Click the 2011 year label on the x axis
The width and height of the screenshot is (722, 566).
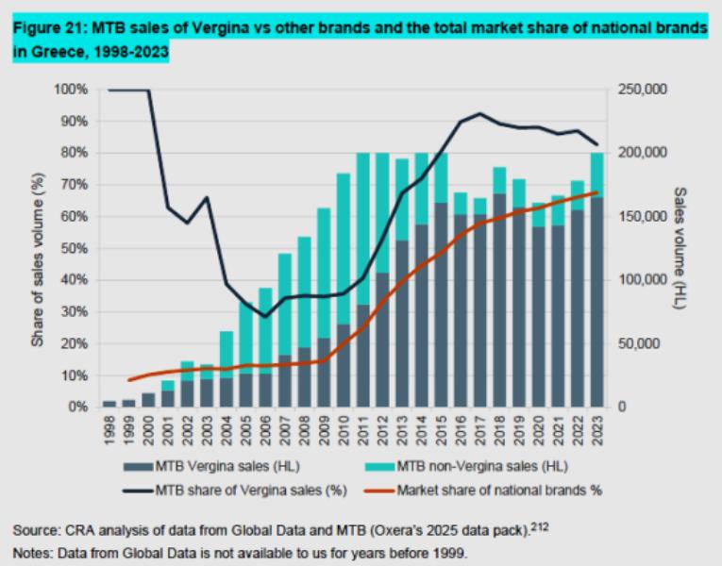coord(362,426)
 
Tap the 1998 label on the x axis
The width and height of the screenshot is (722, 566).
coord(109,426)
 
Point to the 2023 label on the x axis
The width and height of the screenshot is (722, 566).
coord(596,426)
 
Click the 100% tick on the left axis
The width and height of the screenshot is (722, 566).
coord(72,90)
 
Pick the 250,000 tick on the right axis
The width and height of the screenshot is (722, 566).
coord(642,90)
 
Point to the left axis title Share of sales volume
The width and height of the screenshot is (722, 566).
coord(38,247)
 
